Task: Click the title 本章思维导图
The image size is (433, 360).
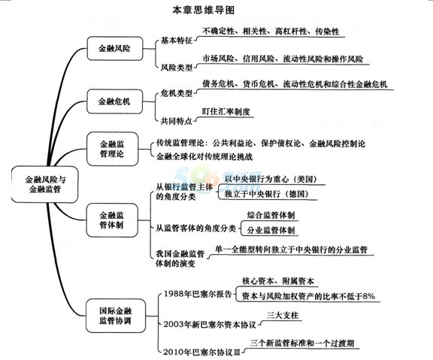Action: [203, 11]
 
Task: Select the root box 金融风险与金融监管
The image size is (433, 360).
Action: [45, 184]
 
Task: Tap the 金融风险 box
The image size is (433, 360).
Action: [115, 49]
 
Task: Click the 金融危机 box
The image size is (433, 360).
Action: [114, 101]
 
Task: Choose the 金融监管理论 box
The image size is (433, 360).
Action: [113, 149]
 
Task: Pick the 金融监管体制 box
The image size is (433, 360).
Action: [112, 220]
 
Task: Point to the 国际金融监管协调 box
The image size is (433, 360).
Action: [116, 316]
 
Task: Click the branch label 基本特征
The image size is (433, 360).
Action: [177, 41]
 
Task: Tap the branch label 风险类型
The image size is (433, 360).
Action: [177, 67]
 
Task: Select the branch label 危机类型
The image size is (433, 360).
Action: [177, 93]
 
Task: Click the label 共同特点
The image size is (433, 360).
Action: [177, 121]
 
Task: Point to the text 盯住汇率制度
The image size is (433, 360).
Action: [226, 111]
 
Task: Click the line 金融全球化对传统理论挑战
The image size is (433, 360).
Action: [204, 156]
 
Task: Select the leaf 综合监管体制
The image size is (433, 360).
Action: [271, 215]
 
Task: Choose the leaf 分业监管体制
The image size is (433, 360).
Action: [271, 230]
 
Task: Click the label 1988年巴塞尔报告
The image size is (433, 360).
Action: [198, 294]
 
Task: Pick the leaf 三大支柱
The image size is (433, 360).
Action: [283, 315]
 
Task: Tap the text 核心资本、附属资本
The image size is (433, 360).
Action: [278, 281]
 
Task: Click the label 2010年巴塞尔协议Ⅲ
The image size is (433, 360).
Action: [202, 352]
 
